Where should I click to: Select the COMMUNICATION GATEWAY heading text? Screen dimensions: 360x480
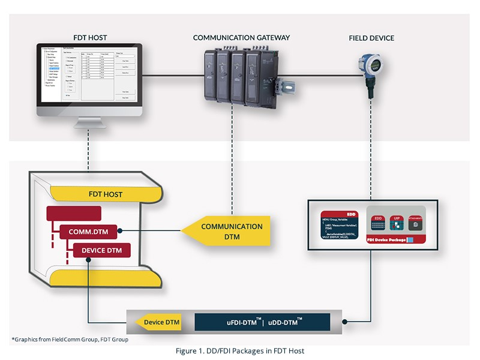point(241,37)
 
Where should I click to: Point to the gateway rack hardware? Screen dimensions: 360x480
point(240,74)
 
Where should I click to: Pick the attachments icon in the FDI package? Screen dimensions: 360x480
point(415,224)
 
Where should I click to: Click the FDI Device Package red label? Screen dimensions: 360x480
point(389,239)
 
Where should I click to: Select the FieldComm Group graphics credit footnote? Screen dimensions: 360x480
point(70,340)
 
